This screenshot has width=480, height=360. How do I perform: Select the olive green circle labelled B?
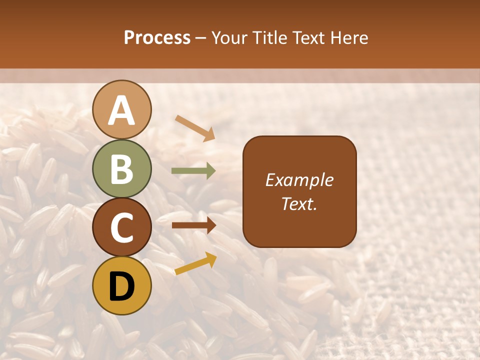[x=122, y=168]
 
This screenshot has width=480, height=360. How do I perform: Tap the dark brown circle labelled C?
[x=122, y=227]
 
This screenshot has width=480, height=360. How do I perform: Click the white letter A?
[x=122, y=110]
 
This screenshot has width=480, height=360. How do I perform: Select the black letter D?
[x=122, y=286]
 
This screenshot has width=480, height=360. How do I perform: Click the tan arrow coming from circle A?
[x=195, y=127]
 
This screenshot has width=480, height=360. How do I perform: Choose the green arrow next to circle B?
[x=193, y=171]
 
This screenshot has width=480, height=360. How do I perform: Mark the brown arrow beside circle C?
[x=193, y=225]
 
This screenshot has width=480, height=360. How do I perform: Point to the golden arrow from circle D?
[x=195, y=263]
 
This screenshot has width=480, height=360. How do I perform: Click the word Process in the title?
[x=157, y=38]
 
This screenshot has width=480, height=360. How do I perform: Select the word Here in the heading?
[x=350, y=38]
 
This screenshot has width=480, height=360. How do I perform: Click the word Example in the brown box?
[x=299, y=180]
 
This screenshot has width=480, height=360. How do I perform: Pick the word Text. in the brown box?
[x=299, y=203]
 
